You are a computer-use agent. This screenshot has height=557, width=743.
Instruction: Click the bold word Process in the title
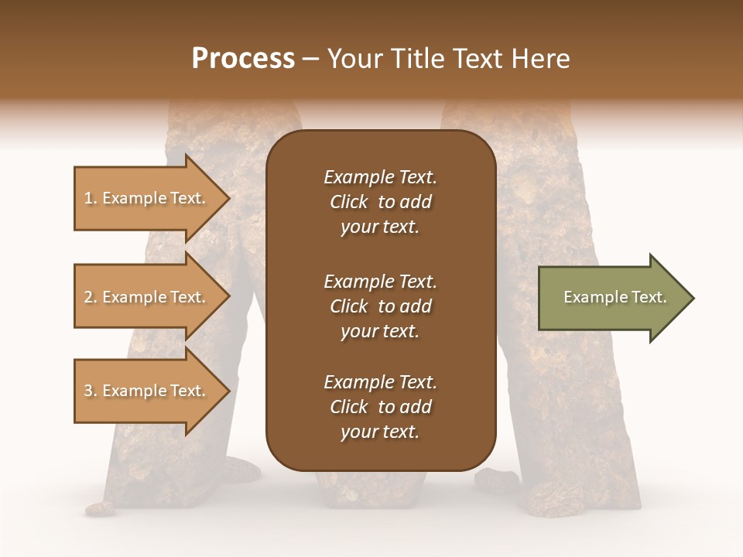(x=243, y=59)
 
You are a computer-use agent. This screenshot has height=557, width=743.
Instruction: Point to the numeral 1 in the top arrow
(x=87, y=198)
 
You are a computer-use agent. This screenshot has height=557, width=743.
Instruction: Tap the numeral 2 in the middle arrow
(x=87, y=297)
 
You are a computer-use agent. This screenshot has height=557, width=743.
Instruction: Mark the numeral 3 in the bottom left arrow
(x=87, y=391)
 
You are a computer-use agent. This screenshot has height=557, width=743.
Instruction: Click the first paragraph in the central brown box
(x=380, y=202)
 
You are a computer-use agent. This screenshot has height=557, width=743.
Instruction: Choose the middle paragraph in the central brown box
(x=380, y=306)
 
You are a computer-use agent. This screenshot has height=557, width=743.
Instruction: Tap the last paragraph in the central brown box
(x=380, y=407)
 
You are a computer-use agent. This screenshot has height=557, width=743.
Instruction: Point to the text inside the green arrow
(x=615, y=297)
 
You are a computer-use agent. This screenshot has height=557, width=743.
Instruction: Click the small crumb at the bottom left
(x=99, y=509)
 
